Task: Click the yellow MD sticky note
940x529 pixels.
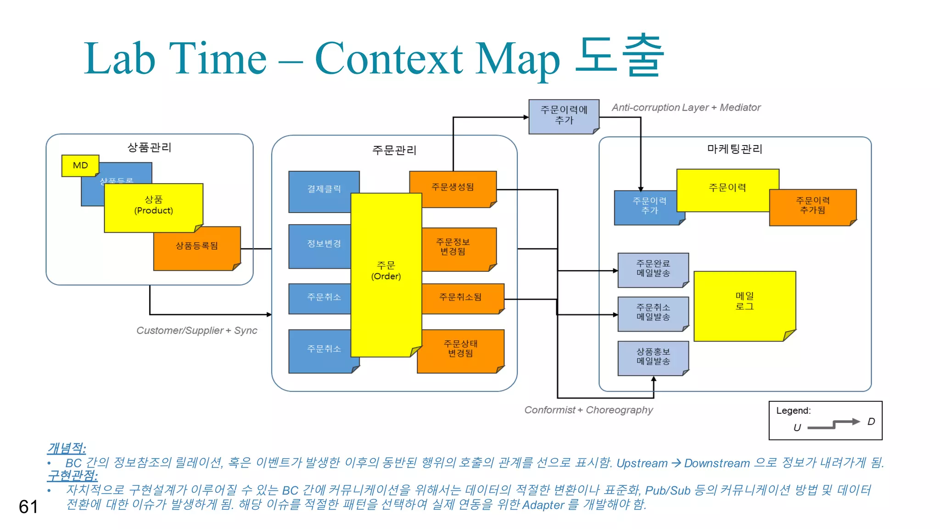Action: click(80, 165)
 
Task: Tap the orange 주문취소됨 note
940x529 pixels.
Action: click(461, 297)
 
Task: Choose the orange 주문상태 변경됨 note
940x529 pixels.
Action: click(461, 349)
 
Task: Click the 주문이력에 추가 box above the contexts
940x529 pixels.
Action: click(564, 115)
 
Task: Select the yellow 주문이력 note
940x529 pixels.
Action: click(727, 188)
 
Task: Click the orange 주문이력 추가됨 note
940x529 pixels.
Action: click(812, 206)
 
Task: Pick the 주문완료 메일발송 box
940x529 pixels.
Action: click(653, 269)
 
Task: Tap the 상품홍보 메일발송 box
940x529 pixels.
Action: click(653, 357)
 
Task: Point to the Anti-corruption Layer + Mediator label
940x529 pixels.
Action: click(686, 107)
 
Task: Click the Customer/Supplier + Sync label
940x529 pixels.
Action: click(196, 331)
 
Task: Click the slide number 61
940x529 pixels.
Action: click(28, 507)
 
